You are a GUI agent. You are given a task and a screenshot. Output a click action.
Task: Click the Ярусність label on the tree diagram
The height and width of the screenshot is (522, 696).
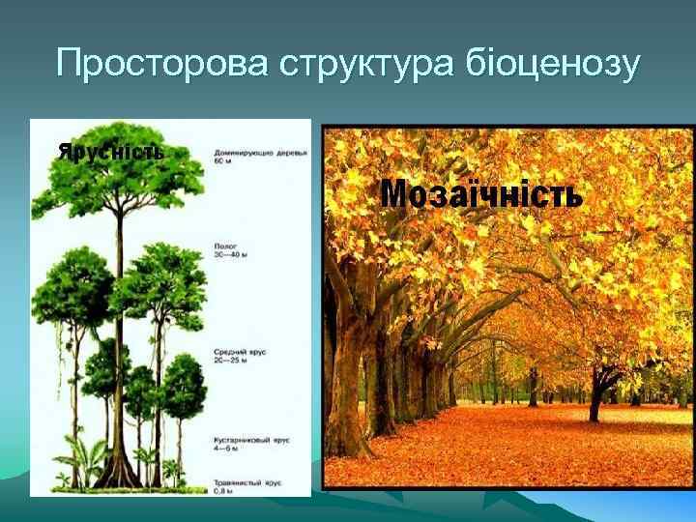click(x=110, y=151)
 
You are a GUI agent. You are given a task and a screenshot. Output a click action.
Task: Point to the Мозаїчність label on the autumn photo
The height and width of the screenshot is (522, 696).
click(x=481, y=194)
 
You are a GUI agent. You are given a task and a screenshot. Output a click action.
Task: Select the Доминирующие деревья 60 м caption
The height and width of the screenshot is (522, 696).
click(x=247, y=157)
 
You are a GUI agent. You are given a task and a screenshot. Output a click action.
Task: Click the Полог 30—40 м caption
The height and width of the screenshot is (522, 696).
click(x=231, y=250)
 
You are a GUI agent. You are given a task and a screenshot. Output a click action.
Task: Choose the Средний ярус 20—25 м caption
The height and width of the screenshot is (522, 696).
click(x=238, y=355)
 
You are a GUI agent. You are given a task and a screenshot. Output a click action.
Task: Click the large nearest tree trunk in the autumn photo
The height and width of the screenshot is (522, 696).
click(x=344, y=387)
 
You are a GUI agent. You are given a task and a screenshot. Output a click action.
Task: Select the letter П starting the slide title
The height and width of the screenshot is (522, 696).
click(x=69, y=65)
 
